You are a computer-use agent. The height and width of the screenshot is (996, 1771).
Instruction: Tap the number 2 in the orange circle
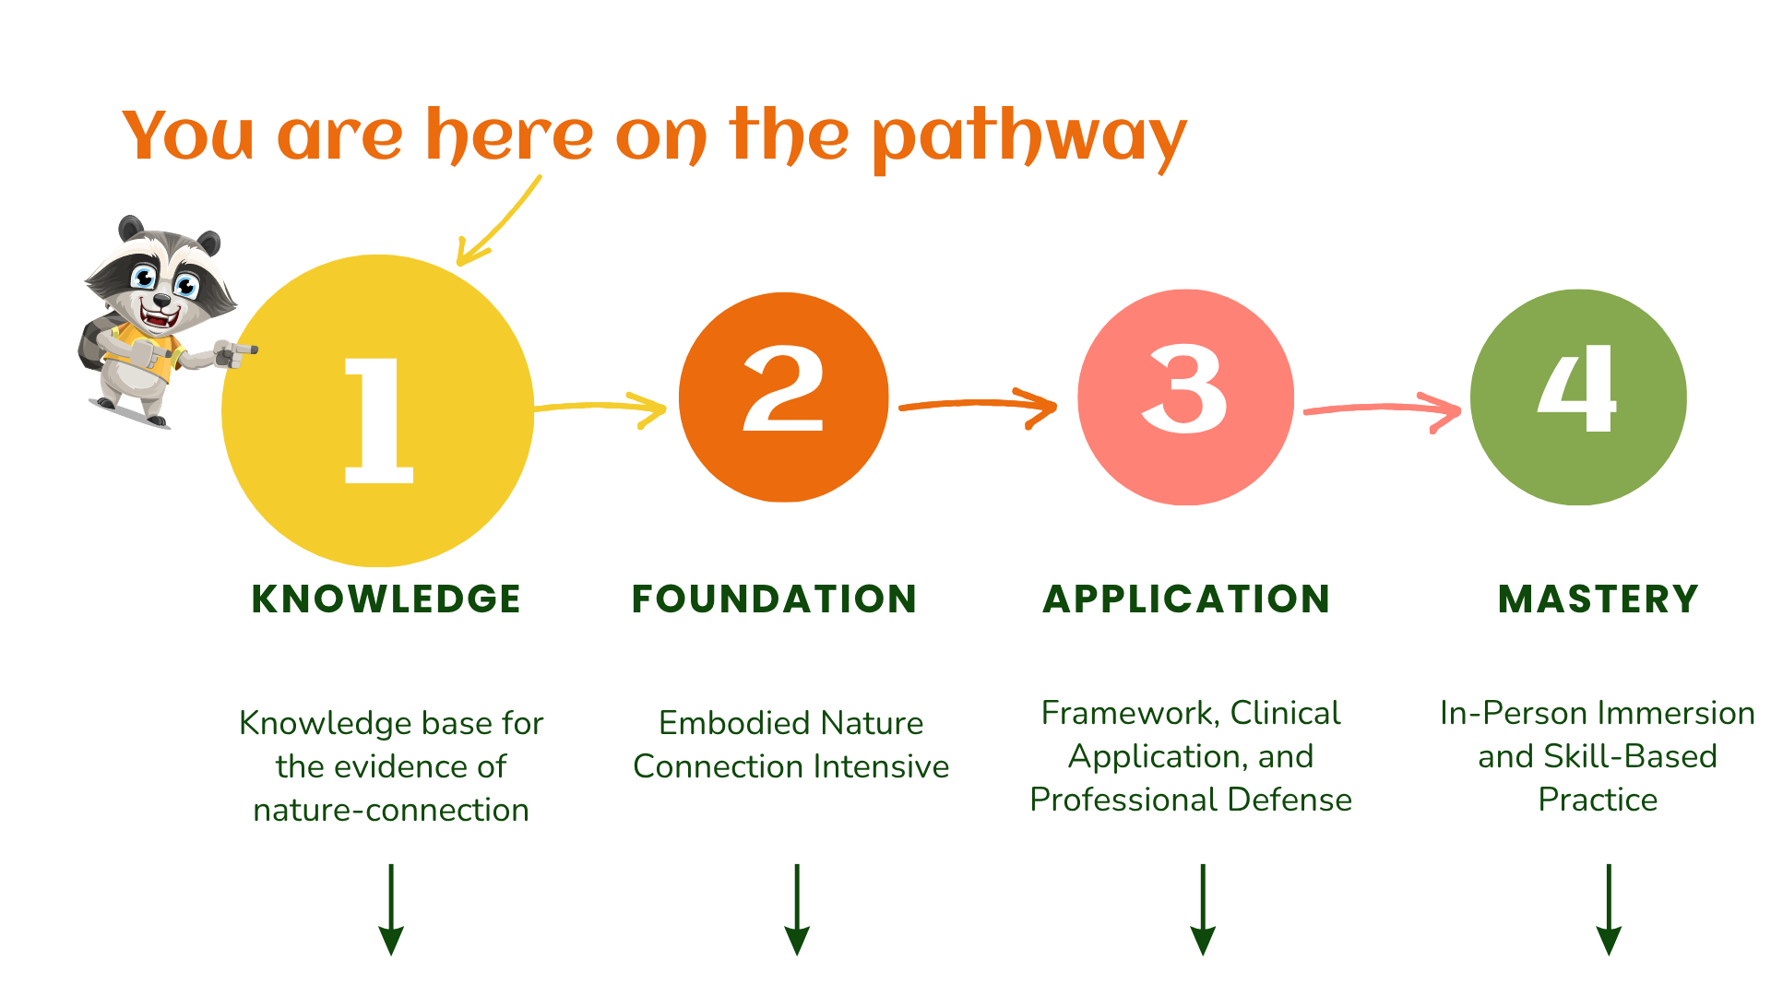pyautogui.click(x=783, y=389)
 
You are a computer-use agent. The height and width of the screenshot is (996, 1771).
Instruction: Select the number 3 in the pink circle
pyautogui.click(x=1184, y=389)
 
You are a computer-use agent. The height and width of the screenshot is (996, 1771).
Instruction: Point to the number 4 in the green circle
pyautogui.click(x=1577, y=389)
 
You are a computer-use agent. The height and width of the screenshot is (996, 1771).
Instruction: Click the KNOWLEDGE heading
pyautogui.click(x=386, y=599)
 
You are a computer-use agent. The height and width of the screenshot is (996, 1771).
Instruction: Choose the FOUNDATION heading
pyautogui.click(x=774, y=599)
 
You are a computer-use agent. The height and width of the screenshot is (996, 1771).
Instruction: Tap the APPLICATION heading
pyautogui.click(x=1186, y=599)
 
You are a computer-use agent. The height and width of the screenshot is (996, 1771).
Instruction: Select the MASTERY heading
pyautogui.click(x=1598, y=599)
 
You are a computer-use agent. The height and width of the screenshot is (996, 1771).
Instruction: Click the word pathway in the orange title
pyautogui.click(x=1028, y=138)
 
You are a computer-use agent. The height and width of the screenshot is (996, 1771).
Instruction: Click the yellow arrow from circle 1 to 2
pyautogui.click(x=600, y=407)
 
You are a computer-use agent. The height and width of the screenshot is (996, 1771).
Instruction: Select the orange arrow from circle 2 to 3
pyautogui.click(x=978, y=405)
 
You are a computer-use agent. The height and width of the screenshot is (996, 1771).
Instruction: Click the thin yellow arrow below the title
pyautogui.click(x=498, y=221)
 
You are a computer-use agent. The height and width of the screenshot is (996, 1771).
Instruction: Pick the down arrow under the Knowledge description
pyautogui.click(x=391, y=909)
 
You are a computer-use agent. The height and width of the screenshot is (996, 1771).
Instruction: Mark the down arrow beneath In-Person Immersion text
pyautogui.click(x=1609, y=909)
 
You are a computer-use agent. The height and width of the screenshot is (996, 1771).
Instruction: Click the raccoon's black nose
pyautogui.click(x=161, y=300)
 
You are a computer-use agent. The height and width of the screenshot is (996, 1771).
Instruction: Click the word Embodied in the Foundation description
pyautogui.click(x=734, y=724)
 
